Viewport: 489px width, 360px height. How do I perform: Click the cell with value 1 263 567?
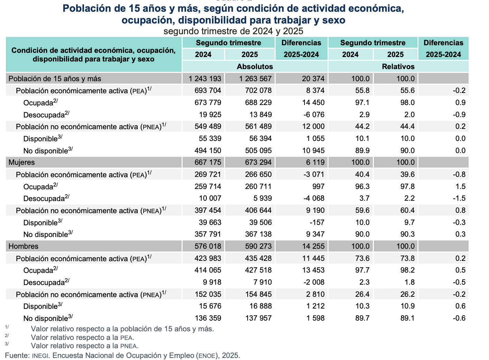pos(255,79)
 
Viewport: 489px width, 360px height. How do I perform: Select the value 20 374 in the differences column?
pos(313,79)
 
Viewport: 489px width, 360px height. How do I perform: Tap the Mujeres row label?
pos(21,162)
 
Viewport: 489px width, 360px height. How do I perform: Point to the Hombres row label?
pos(23,246)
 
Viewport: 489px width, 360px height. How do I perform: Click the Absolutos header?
pos(255,66)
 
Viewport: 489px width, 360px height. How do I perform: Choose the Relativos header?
pos(398,66)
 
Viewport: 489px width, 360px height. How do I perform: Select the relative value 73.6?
pos(362,258)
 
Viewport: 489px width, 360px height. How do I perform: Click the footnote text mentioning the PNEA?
pos(85,346)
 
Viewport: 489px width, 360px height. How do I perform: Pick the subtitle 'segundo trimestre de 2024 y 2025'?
pos(233,31)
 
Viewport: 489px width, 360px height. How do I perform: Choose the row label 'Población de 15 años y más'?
pos(55,79)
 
